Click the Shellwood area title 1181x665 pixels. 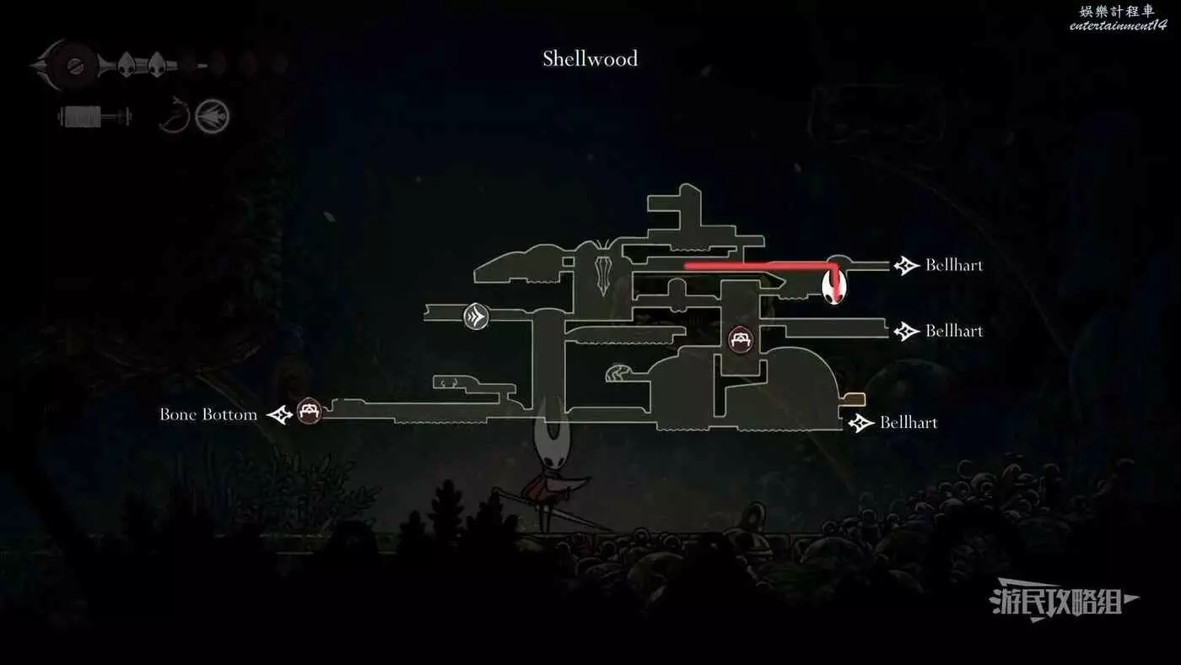(590, 58)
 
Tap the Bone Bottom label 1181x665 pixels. (208, 414)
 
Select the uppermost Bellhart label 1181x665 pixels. (954, 265)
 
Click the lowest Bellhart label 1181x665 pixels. (909, 423)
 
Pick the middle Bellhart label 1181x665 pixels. (954, 331)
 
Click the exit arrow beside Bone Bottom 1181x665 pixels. (280, 414)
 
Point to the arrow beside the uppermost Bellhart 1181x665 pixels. (906, 265)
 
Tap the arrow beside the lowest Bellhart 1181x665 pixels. (861, 423)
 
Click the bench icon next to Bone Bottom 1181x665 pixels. (309, 411)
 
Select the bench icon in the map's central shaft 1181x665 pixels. (741, 339)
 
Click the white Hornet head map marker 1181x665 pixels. (834, 286)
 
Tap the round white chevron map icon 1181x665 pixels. (476, 317)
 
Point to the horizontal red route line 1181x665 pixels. (760, 265)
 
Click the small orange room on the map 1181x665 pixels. (854, 399)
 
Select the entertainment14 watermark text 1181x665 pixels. (1119, 25)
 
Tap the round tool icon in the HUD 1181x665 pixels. (212, 116)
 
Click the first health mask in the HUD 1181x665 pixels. (126, 65)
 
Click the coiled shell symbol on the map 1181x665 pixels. (617, 373)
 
